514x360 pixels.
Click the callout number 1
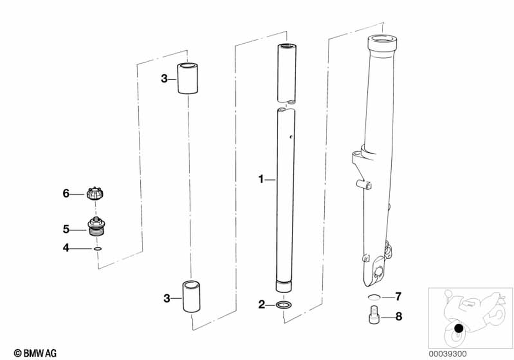tap(261, 179)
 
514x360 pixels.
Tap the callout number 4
tap(66, 248)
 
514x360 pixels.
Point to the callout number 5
tap(66, 227)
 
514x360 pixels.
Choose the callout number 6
tap(66, 194)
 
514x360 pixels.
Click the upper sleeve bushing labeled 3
tap(187, 78)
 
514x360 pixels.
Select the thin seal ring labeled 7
tap(375, 297)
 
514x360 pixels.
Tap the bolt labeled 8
tap(374, 314)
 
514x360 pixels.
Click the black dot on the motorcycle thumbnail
tap(459, 329)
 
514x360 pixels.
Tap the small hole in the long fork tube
tap(291, 137)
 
